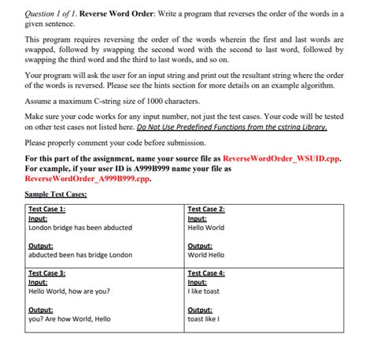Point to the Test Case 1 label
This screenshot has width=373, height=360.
click(x=46, y=209)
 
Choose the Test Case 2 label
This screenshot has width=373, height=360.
click(x=206, y=209)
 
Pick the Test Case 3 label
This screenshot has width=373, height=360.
click(x=46, y=273)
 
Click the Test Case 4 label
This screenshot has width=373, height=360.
click(x=206, y=273)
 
